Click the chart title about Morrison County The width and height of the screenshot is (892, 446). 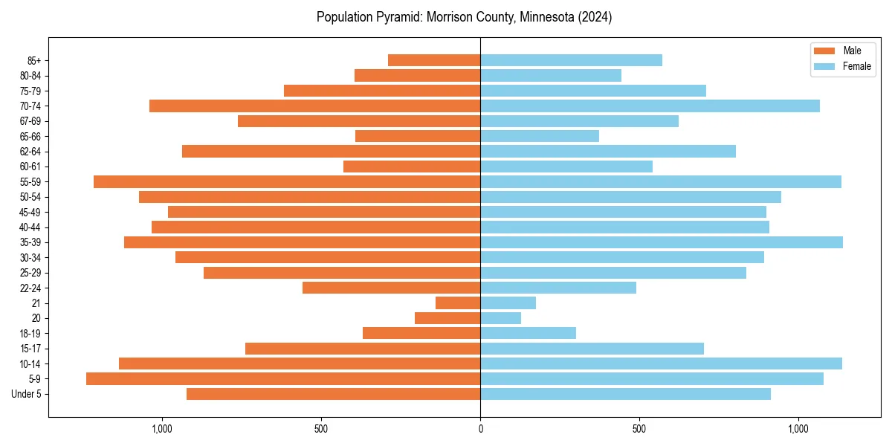click(464, 17)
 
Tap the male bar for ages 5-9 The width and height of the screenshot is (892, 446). click(283, 379)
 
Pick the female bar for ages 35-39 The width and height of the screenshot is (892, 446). click(662, 242)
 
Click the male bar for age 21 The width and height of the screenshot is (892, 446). click(458, 303)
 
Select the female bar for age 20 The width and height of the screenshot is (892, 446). click(501, 318)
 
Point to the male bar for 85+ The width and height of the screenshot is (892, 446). click(434, 60)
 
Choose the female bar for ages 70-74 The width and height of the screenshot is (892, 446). click(650, 106)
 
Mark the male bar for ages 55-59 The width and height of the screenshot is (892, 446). click(287, 182)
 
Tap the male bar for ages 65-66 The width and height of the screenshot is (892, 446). click(418, 136)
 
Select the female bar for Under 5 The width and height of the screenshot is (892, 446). click(626, 394)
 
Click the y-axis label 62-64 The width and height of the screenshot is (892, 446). click(30, 152)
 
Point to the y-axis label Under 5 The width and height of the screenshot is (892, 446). click(27, 394)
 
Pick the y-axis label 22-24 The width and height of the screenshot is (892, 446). click(30, 288)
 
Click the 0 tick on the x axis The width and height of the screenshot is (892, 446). click(480, 429)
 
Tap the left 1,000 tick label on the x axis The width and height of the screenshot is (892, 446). click(162, 429)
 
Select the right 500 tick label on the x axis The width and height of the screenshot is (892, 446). click(639, 429)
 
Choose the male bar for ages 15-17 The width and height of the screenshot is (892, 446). click(363, 349)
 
